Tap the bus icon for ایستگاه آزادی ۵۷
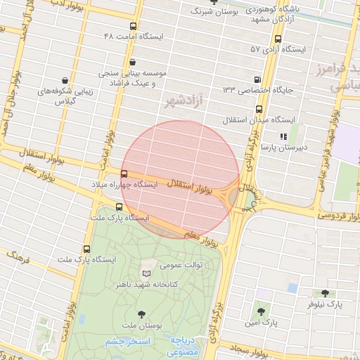click(278, 39)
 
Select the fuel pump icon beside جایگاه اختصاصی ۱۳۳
click(257, 79)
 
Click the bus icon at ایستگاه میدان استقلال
click(259, 109)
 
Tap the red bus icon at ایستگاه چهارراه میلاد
click(124, 174)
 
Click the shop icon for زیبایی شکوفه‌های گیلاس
click(65, 80)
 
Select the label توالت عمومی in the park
click(181, 265)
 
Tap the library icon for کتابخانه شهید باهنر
click(146, 273)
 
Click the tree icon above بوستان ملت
click(142, 314)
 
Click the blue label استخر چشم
click(128, 342)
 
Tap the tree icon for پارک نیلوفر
click(324, 293)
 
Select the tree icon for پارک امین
click(261, 310)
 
